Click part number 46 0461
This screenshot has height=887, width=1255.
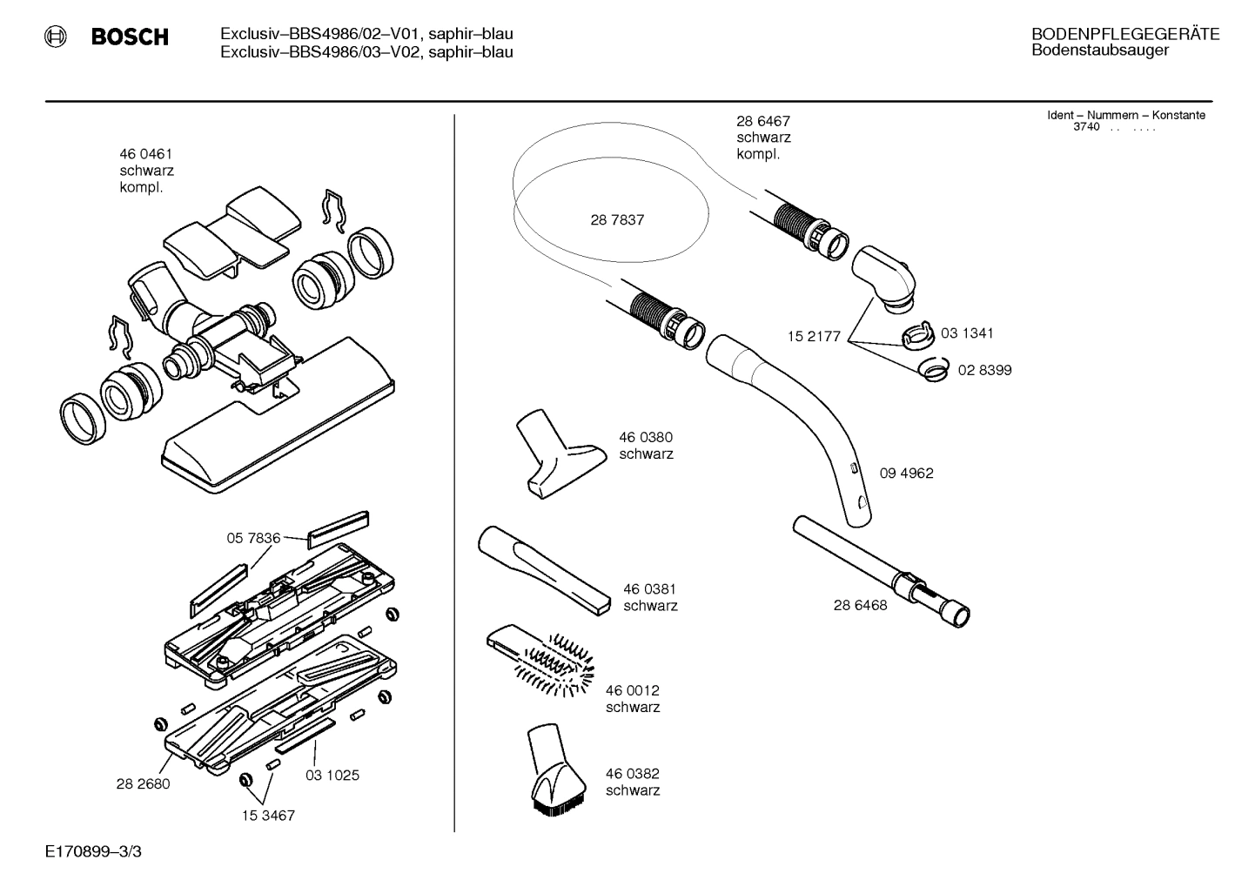coord(144,154)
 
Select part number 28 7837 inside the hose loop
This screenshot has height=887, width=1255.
coord(617,220)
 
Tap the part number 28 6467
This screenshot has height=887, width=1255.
coord(762,122)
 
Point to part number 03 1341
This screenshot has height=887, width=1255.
coord(967,333)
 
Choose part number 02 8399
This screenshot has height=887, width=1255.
coord(984,370)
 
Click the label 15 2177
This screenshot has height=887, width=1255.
coord(814,337)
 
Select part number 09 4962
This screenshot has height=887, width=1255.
coord(906,474)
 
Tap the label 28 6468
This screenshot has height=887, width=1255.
coord(860,605)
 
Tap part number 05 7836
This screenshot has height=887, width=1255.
coord(253,539)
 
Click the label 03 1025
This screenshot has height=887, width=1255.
coord(332,775)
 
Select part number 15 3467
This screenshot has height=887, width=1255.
coord(268,816)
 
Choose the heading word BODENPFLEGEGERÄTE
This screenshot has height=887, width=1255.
coord(1124,35)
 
